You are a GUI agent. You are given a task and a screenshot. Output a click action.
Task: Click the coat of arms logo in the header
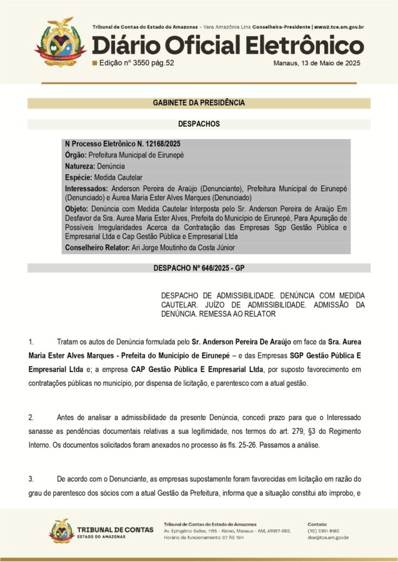click(x=59, y=42)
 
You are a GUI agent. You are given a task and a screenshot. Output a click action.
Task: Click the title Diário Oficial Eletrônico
click(x=228, y=45)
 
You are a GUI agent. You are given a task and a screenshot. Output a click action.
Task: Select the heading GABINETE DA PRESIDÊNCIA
click(x=199, y=103)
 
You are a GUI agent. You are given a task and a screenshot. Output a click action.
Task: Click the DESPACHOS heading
click(x=199, y=124)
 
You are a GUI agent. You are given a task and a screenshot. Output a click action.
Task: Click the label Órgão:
click(x=76, y=155)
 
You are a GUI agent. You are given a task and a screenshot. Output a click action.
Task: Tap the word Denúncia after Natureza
click(x=111, y=167)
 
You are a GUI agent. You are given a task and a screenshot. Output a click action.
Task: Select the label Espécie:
click(x=79, y=177)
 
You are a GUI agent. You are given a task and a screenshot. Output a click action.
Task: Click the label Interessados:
click(x=87, y=188)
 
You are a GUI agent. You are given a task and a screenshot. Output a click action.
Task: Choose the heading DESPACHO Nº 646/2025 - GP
click(x=199, y=269)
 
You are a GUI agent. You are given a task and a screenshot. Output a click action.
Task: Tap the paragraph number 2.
click(x=31, y=417)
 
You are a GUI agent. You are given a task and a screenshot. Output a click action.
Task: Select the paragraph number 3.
click(x=31, y=479)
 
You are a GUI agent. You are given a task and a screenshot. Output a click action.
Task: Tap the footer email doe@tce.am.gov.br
click(x=328, y=537)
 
